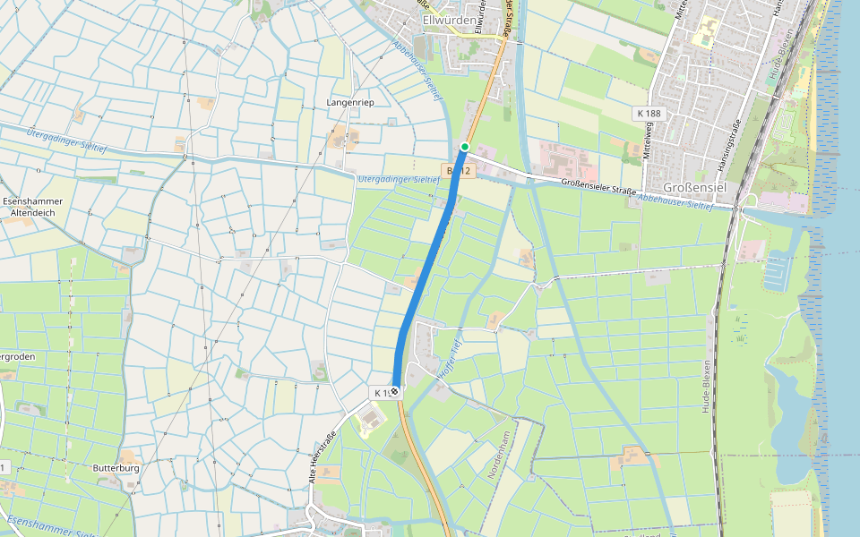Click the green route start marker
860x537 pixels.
[x=465, y=146]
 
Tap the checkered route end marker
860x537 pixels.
[x=395, y=392]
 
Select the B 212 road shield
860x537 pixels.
[x=456, y=170]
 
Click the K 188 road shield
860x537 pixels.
[x=649, y=114]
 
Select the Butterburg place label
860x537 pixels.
[x=116, y=468]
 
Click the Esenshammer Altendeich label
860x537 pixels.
[x=30, y=208]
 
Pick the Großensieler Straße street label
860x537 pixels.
[x=598, y=187]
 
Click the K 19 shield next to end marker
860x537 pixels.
[x=380, y=393]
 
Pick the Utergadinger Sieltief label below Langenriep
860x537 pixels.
[x=399, y=179]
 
